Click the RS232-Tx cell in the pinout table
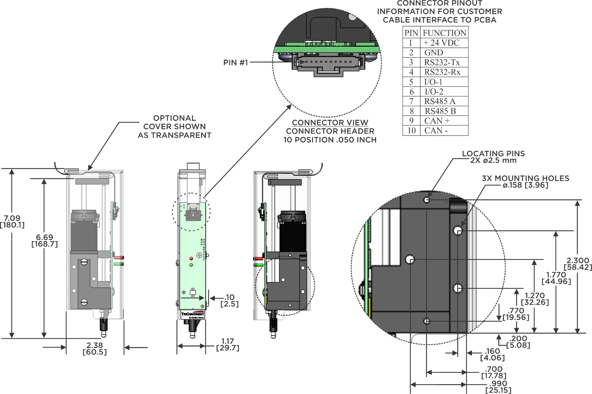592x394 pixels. pyautogui.click(x=442, y=62)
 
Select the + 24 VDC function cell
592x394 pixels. pyautogui.click(x=441, y=43)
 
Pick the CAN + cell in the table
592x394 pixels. pyautogui.click(x=437, y=121)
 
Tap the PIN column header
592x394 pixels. pyautogui.click(x=411, y=33)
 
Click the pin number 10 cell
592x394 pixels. pyautogui.click(x=412, y=131)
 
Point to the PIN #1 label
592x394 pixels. pyautogui.click(x=235, y=63)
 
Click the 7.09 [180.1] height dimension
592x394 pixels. pyautogui.click(x=12, y=222)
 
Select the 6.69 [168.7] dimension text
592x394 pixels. pyautogui.click(x=44, y=241)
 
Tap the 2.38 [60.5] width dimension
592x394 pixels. pyautogui.click(x=95, y=349)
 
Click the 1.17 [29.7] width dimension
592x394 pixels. pyautogui.click(x=227, y=344)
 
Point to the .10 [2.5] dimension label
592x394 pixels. pyautogui.click(x=229, y=301)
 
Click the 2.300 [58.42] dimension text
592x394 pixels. pyautogui.click(x=578, y=264)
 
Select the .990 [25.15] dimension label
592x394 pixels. pyautogui.click(x=498, y=387)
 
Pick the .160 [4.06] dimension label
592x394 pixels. pyautogui.click(x=492, y=355)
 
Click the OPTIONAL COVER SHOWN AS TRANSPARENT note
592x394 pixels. pyautogui.click(x=174, y=127)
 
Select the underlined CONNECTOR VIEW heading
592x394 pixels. pyautogui.click(x=330, y=123)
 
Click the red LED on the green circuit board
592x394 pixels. pyautogui.click(x=191, y=259)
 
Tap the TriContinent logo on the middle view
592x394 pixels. pyautogui.click(x=193, y=314)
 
